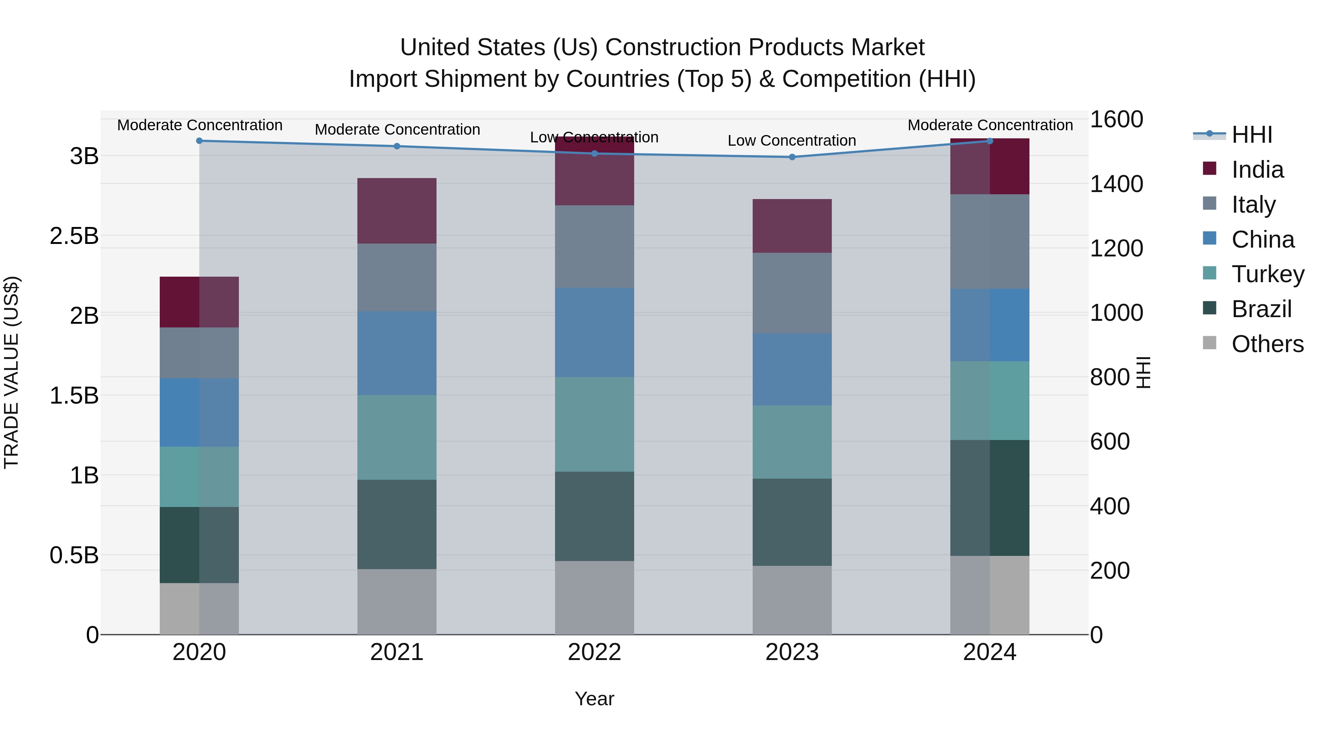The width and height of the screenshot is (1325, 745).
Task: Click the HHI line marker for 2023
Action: point(792,157)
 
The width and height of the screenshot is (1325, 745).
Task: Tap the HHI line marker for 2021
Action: point(396,146)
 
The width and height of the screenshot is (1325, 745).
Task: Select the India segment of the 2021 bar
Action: point(396,211)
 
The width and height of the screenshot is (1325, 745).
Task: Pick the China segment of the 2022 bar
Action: point(594,332)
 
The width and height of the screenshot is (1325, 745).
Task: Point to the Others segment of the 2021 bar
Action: point(396,602)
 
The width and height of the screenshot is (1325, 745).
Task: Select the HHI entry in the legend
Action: point(1251,135)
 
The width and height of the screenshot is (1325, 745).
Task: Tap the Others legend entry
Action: point(1267,344)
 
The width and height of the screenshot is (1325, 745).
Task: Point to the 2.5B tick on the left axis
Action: point(74,236)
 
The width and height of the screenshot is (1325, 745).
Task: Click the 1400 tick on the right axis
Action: point(1117,184)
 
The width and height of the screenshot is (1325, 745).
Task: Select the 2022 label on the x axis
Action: point(594,652)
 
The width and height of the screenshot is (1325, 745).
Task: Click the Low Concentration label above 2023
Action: point(792,141)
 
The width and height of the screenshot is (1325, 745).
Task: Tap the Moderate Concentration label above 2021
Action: point(397,130)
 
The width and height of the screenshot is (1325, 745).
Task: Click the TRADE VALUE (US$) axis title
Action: point(11,372)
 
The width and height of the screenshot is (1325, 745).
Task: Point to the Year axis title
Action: point(594,699)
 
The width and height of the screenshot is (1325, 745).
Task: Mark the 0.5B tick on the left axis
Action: point(74,555)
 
